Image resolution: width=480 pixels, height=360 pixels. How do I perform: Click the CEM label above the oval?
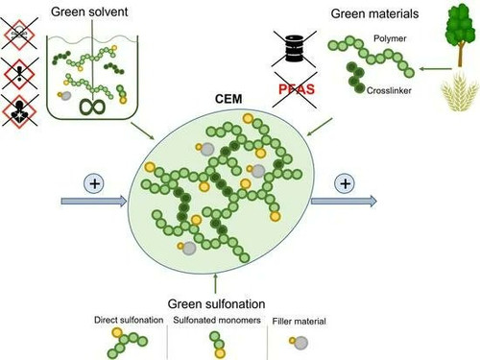228,99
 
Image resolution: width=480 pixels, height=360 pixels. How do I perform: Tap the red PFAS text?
297,89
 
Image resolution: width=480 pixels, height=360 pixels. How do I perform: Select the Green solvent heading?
89,12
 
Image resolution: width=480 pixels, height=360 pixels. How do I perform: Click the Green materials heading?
374,13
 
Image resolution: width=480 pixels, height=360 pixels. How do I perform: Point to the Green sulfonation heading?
216,303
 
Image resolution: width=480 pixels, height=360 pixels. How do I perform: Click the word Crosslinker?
389,90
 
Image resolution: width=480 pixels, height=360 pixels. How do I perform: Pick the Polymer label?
390,38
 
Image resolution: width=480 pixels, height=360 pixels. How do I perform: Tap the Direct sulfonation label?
129,320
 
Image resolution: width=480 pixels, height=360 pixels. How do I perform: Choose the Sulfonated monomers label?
217,320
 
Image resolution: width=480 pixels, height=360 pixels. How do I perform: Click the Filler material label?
300,321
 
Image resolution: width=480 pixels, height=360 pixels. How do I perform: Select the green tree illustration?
460,36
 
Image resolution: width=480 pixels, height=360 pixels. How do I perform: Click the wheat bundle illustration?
460,92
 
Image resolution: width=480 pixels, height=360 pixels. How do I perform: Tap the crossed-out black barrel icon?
294,49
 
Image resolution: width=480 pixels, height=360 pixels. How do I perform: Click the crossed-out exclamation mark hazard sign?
20,74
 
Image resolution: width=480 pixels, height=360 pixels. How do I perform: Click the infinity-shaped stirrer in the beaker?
92,108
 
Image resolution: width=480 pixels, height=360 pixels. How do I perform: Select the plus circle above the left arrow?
94,183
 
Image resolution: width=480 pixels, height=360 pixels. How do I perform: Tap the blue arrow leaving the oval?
344,201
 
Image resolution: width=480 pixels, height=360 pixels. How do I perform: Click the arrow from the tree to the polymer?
436,68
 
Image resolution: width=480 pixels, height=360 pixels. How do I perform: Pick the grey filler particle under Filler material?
300,343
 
